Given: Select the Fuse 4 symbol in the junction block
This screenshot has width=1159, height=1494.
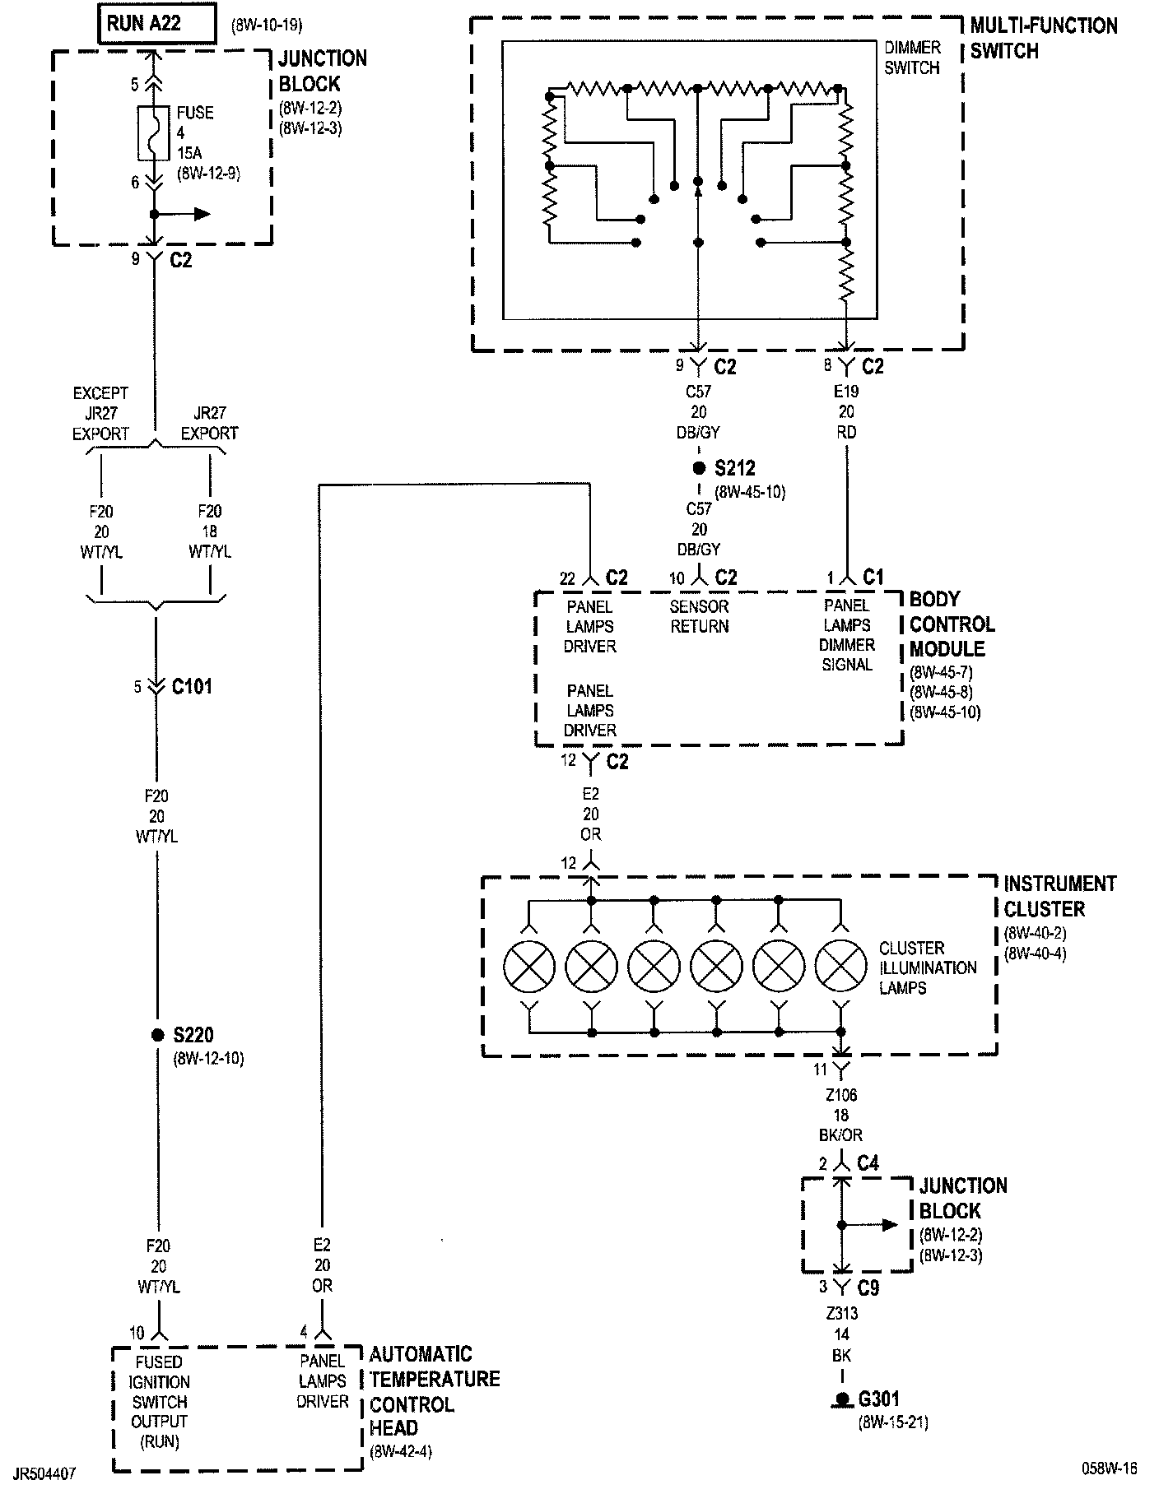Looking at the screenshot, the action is pos(154,132).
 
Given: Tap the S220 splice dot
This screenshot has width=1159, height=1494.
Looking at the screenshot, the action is pos(157,1035).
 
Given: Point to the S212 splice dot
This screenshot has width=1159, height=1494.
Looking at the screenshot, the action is pos(699,468).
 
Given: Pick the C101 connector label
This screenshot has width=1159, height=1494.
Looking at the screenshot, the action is pos(192,686).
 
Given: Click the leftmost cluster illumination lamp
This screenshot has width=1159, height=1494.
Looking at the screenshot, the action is pos(529,965).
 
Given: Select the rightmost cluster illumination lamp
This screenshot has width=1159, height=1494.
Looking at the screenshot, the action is pos(840,965).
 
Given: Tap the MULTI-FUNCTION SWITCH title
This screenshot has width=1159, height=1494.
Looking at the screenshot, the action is pos(1044,38).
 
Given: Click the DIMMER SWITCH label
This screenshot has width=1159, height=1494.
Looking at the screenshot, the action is pos(912,58).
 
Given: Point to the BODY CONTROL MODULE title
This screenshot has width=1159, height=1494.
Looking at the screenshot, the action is pos(952,624).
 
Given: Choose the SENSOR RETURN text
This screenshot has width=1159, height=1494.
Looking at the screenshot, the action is pos(699,616).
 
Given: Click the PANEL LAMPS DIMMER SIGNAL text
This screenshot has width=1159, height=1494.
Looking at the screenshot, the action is pos(846,635).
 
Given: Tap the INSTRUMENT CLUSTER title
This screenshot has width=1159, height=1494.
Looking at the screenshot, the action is pos(1059,896).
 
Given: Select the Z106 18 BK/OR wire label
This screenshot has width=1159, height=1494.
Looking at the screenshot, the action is pos(840,1115).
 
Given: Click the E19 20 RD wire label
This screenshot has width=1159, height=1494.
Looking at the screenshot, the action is pos(846,411).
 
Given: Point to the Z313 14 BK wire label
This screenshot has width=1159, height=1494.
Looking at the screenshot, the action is pos(840,1334).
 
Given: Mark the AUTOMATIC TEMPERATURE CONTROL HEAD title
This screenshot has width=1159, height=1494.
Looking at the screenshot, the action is pos(434,1390).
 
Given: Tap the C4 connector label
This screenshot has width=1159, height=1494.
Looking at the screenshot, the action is pos(868,1163).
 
